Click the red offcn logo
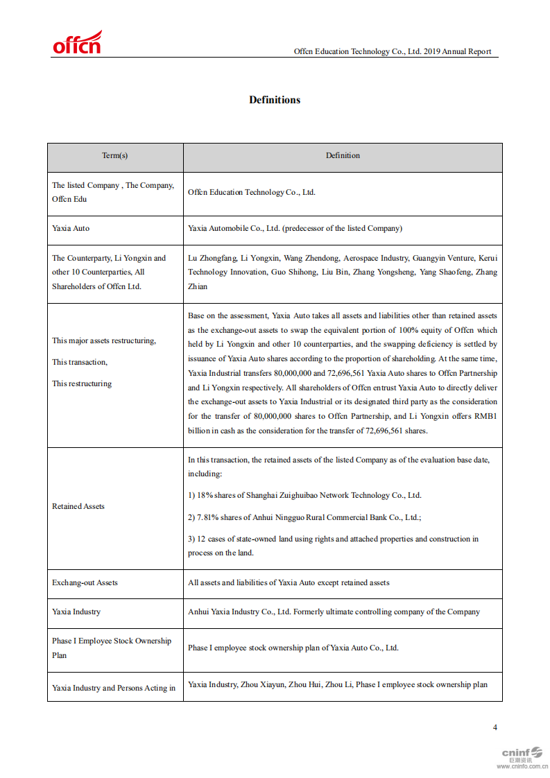pos(77,43)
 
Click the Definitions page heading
pos(275,100)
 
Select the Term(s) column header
pos(115,155)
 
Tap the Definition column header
pos(343,155)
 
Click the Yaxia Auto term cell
pos(71,228)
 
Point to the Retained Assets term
pos(78,506)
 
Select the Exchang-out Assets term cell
pos(85,582)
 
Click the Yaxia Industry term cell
pos(76,612)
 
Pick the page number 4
pos(495,727)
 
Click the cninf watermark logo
pos(522,752)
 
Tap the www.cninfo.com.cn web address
pos(522,766)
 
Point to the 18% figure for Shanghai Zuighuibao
pos(205,495)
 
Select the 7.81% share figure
pos(208,517)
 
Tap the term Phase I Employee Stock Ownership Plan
pos(111,648)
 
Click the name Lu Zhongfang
pos(212,257)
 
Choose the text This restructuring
pos(82,383)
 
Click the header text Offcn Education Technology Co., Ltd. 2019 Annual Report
pos(392,51)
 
